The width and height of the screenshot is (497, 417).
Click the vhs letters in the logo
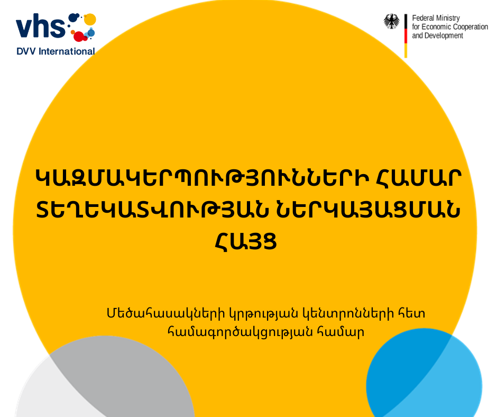tap(41, 26)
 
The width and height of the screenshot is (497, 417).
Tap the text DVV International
tap(56, 51)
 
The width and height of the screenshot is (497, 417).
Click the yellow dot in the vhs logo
tap(90, 20)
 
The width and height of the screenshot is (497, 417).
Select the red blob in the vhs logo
tap(80, 36)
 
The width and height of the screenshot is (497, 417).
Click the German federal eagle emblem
tap(391, 22)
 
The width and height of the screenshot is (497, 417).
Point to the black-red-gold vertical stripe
tap(406, 36)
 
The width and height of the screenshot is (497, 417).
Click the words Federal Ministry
tap(436, 18)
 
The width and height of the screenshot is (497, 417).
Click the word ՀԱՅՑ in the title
tap(246, 241)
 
